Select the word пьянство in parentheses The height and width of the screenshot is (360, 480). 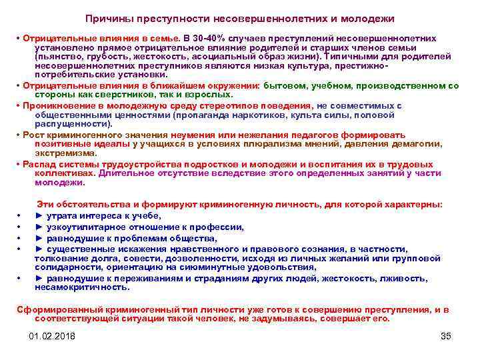coord(60,57)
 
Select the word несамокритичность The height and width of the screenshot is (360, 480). coord(81,287)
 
